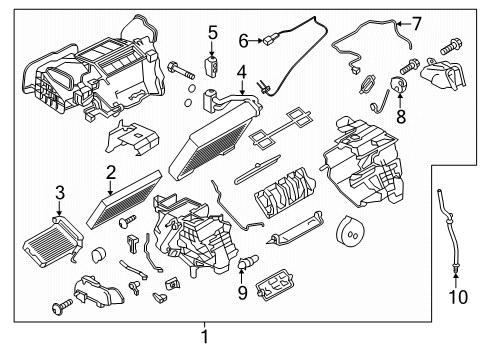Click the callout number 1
205,335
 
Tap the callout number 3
59,191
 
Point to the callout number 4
241,72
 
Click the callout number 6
243,41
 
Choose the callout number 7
417,22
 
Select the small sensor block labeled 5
212,66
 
